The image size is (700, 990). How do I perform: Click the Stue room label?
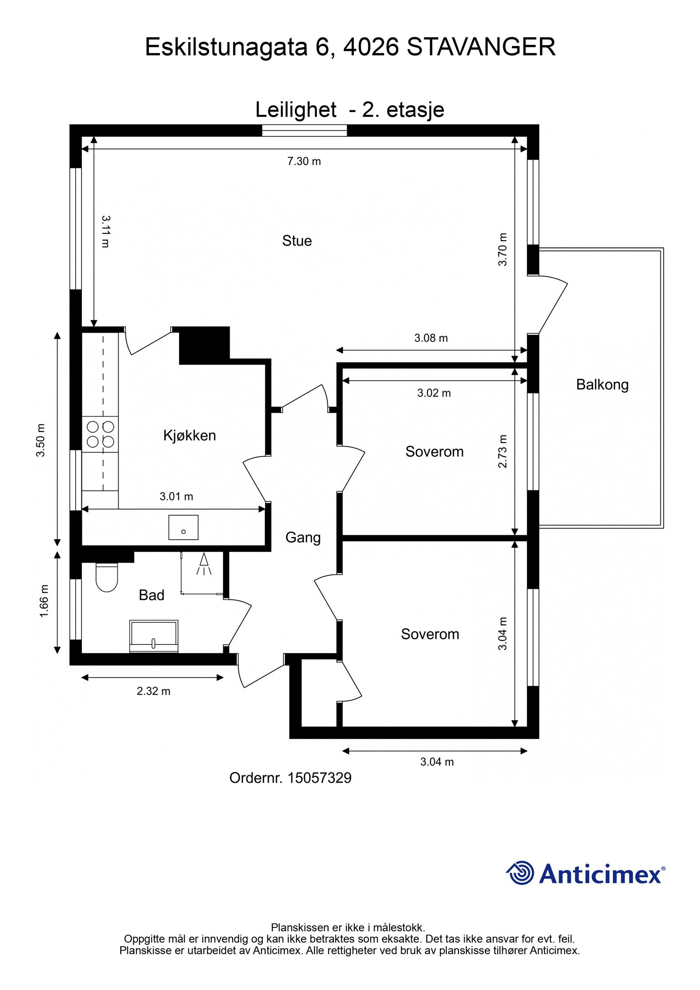(297, 241)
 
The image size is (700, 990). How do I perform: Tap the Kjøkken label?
(189, 435)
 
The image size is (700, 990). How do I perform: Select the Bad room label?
(151, 595)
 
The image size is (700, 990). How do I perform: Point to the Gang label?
(303, 538)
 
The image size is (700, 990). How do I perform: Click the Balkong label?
(602, 385)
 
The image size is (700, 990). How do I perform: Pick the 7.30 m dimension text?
(304, 161)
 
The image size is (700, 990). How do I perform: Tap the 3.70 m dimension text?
(503, 249)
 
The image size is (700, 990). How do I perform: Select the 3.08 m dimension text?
(431, 338)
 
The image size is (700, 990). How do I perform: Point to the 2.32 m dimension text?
(153, 691)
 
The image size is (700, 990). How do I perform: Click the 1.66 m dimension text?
(44, 601)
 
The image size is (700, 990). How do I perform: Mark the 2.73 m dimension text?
(503, 451)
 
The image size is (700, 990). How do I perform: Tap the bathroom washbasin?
(154, 636)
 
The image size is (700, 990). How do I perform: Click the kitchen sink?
(183, 527)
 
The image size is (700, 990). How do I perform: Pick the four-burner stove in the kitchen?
(100, 434)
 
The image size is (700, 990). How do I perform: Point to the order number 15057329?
(319, 778)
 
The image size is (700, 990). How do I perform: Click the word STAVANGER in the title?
(481, 47)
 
